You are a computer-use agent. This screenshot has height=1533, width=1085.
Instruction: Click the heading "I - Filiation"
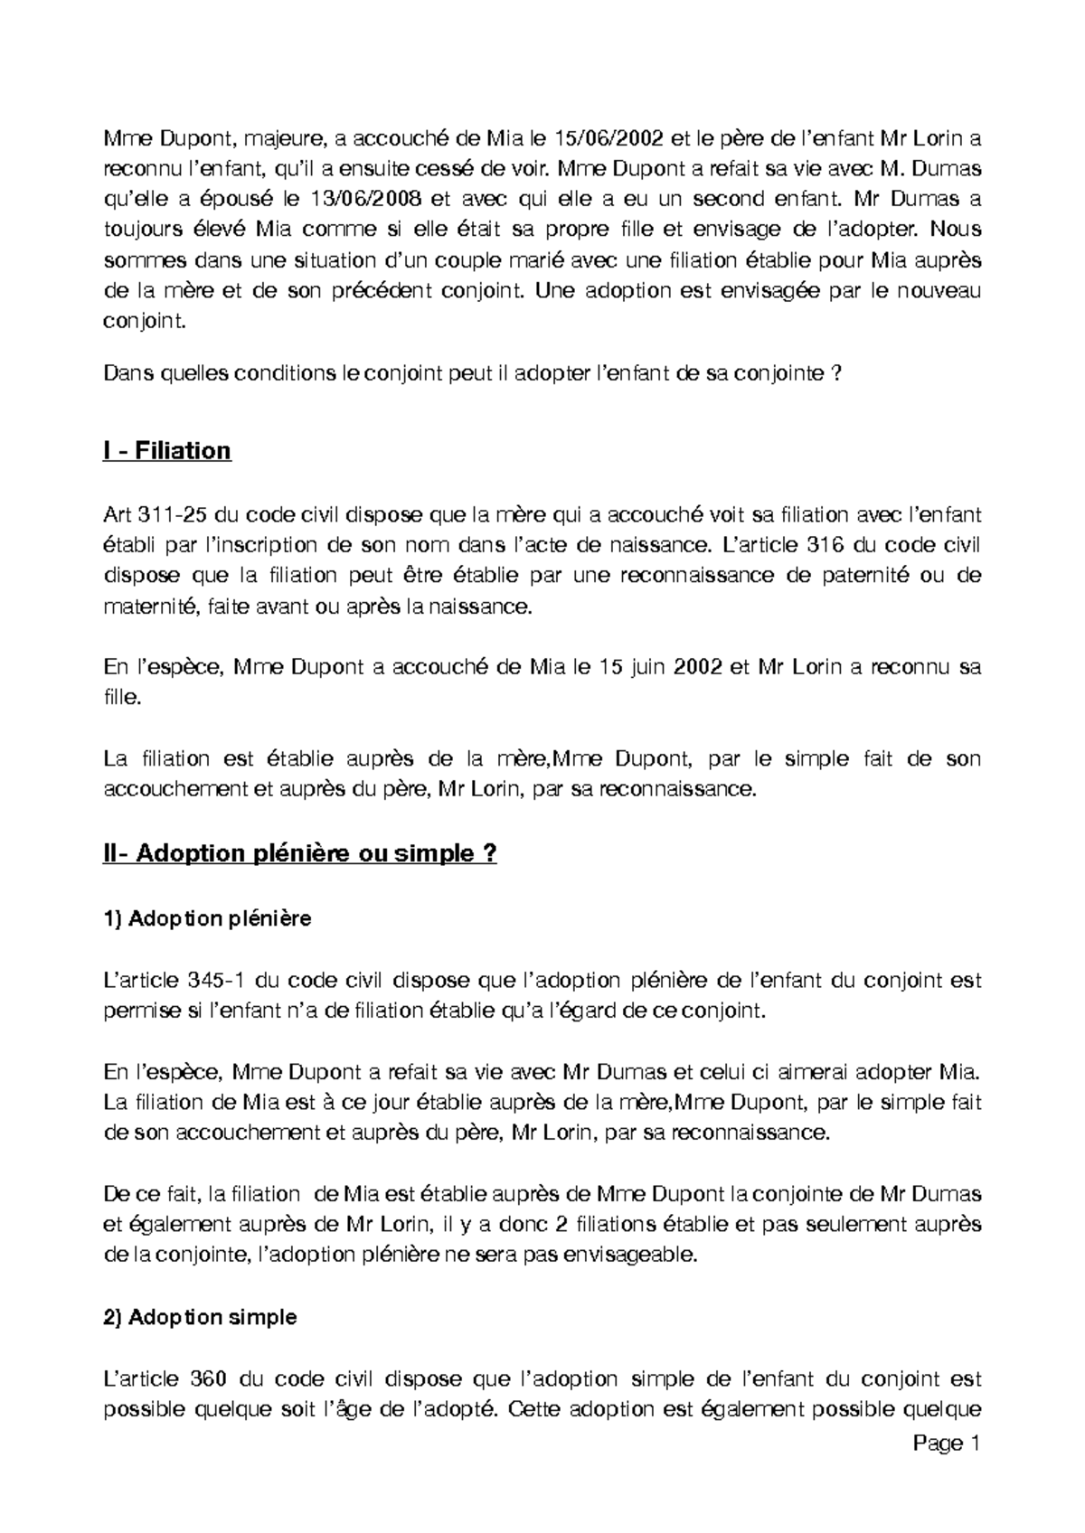[x=167, y=451]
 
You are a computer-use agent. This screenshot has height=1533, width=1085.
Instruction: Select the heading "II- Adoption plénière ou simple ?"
[x=300, y=853]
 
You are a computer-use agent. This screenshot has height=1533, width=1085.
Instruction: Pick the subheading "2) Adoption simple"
[x=201, y=1318]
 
